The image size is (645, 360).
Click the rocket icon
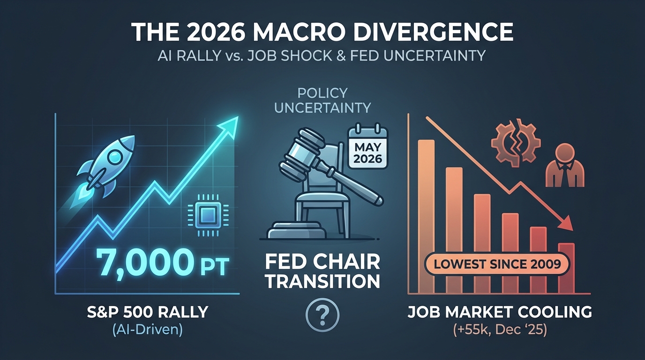(x=106, y=166)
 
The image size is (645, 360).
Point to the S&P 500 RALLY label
(x=148, y=312)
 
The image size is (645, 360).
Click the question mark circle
(x=322, y=315)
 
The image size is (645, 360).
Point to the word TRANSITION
(x=322, y=281)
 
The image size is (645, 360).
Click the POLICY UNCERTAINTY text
(x=322, y=100)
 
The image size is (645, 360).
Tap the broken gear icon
(x=516, y=142)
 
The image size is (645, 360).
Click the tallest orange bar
(x=426, y=217)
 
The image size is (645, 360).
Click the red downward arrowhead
(x=566, y=223)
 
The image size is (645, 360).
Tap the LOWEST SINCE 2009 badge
(x=497, y=264)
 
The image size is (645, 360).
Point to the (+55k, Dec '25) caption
(x=500, y=330)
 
